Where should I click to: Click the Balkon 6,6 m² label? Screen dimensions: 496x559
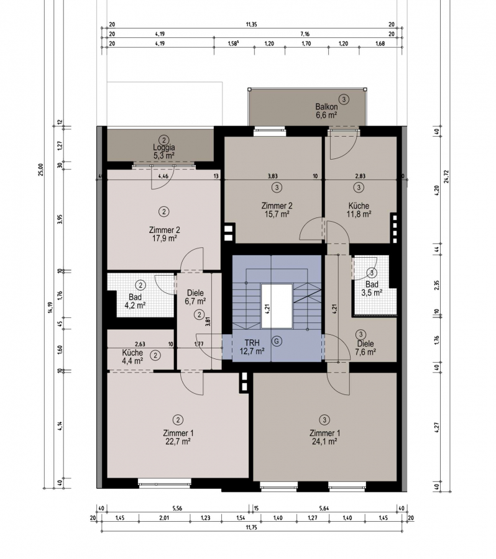pyautogui.click(x=326, y=111)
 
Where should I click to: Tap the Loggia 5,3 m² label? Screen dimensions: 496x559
pyautogui.click(x=164, y=151)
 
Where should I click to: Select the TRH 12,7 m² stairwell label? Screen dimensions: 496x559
pyautogui.click(x=252, y=347)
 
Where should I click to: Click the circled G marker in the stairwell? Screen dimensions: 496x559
pyautogui.click(x=277, y=341)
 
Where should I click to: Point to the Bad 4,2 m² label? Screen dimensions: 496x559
pyautogui.click(x=135, y=301)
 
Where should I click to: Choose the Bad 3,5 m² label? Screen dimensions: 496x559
pyautogui.click(x=372, y=288)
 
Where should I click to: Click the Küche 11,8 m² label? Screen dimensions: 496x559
pyautogui.click(x=359, y=210)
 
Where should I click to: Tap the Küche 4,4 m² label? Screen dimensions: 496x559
pyautogui.click(x=132, y=357)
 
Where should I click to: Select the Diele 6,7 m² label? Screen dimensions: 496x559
pyautogui.click(x=195, y=297)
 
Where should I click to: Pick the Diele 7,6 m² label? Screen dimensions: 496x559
pyautogui.click(x=365, y=348)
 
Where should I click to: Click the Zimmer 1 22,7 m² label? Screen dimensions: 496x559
pyautogui.click(x=178, y=437)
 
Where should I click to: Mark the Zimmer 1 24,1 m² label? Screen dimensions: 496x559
pyautogui.click(x=324, y=437)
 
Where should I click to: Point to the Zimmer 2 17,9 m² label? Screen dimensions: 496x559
pyautogui.click(x=164, y=234)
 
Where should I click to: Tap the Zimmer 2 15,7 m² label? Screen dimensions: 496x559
pyautogui.click(x=277, y=210)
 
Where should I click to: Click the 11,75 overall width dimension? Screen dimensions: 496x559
pyautogui.click(x=251, y=528)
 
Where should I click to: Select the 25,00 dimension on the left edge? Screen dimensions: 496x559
pyautogui.click(x=40, y=170)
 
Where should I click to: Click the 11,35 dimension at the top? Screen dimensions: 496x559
pyautogui.click(x=251, y=25)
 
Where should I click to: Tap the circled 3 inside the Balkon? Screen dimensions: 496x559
pyautogui.click(x=344, y=99)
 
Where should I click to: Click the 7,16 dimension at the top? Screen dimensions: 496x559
pyautogui.click(x=305, y=34)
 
